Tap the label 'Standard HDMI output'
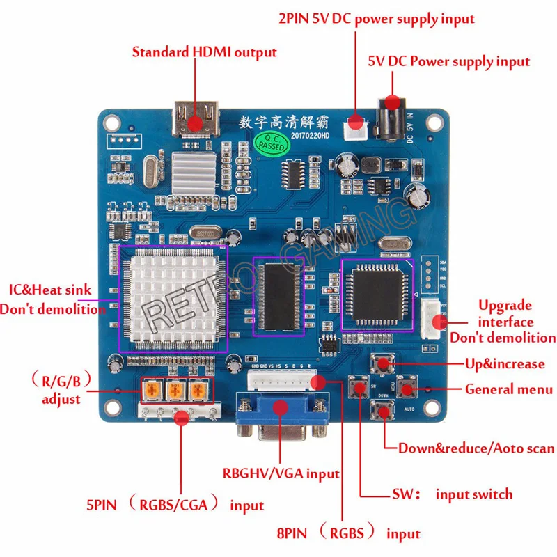[204, 52]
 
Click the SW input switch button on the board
[360, 387]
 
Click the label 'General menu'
[508, 389]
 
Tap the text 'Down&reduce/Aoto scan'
[476, 448]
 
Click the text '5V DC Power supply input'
[448, 61]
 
